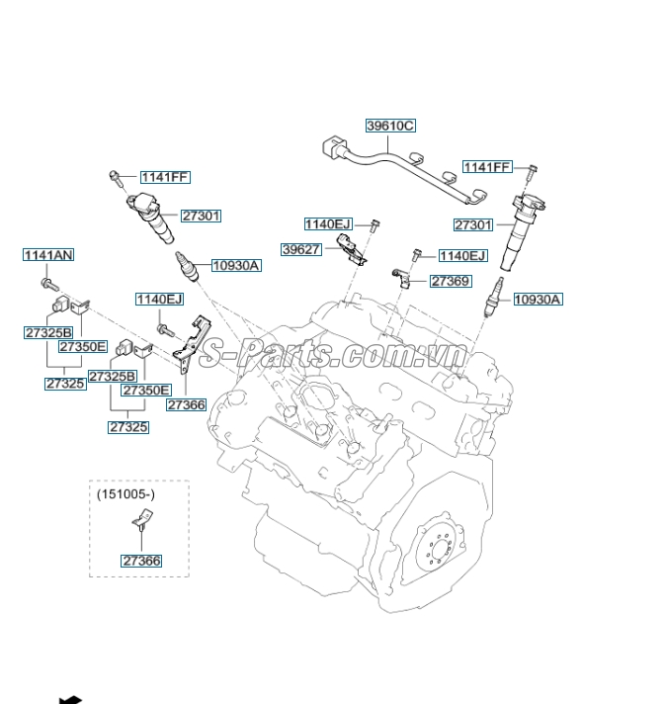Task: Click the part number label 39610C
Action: pos(390,126)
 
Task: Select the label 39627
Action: pos(300,249)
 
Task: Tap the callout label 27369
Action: pos(451,282)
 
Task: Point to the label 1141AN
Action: pos(48,255)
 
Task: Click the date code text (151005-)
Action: pos(125,493)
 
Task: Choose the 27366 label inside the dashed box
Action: pos(141,561)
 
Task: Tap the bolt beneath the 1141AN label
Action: pos(46,284)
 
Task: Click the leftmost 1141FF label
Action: pos(164,177)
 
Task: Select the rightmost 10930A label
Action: pos(537,299)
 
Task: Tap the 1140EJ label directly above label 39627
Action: pos(327,223)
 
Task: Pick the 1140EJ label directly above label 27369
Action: pos(462,255)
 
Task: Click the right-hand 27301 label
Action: pos(472,224)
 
